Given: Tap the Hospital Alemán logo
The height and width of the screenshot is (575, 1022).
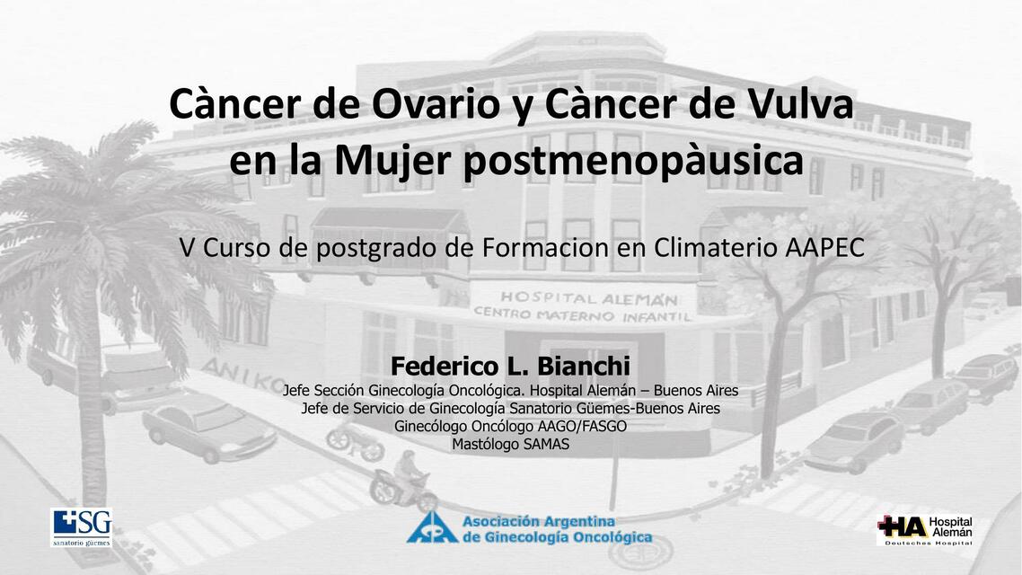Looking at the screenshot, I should point(923,530).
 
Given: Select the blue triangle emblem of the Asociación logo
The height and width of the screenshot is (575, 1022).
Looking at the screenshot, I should point(431,528).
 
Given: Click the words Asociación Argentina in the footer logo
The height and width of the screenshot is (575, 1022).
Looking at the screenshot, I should point(538,521).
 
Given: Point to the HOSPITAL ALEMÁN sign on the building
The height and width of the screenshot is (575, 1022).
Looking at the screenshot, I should point(588,298).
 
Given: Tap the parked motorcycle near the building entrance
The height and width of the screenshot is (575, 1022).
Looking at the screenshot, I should point(355,441).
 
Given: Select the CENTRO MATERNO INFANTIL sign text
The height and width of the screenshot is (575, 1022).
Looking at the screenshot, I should point(582,315).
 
